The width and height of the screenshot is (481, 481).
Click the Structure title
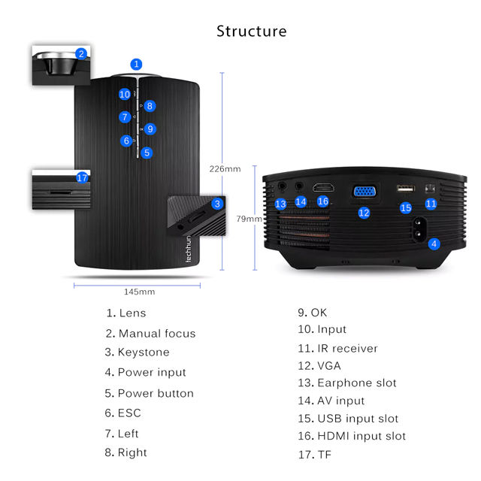[x=252, y=32]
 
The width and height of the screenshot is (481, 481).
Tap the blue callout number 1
[x=136, y=65]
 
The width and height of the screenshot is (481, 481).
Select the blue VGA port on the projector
[x=364, y=192]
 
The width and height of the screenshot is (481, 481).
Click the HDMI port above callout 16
[x=323, y=187]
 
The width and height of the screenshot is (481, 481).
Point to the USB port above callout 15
[x=406, y=188]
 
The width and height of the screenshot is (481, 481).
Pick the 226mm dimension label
[x=225, y=169]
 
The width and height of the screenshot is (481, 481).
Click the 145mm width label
[x=139, y=292]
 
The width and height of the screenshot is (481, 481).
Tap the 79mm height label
[x=249, y=219]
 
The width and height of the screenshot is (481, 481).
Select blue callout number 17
[x=82, y=177]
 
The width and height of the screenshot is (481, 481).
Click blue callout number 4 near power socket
[x=434, y=244]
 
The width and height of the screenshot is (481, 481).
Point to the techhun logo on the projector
[x=189, y=249]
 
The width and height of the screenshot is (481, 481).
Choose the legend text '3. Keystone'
[x=137, y=352]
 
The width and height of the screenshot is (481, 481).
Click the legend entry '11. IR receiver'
[x=337, y=349]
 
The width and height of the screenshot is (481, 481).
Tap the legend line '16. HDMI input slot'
[x=352, y=436]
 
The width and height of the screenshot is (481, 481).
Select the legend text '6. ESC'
[x=123, y=413]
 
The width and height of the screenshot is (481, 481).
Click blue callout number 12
[x=364, y=213]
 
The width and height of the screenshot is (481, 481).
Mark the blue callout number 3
[x=217, y=204]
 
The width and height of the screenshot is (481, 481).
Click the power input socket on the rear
[x=418, y=229]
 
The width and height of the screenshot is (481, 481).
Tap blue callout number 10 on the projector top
[x=125, y=94]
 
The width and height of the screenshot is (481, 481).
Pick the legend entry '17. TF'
[x=315, y=455]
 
